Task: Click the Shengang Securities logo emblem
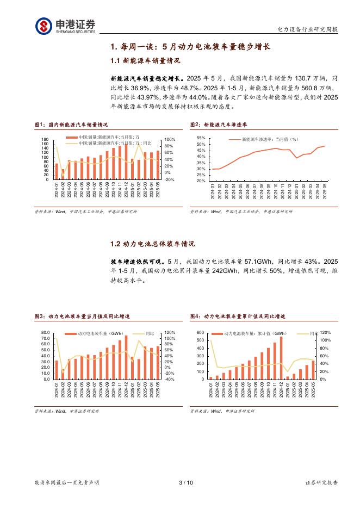tap(44, 25)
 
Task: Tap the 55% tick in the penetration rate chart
tap(201, 139)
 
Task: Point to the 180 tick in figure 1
tap(45, 140)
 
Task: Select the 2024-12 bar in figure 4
tap(281, 358)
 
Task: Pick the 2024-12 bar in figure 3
tap(126, 357)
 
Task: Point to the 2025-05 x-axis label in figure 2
tap(325, 192)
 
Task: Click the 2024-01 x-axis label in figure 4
tap(210, 390)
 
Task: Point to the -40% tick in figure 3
tap(169, 379)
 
